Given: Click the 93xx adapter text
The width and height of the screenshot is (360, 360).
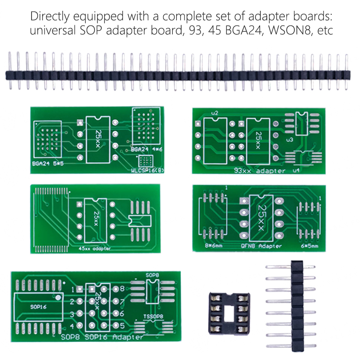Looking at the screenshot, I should pyautogui.click(x=260, y=171).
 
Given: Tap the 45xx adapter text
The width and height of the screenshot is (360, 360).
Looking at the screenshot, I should pyautogui.click(x=94, y=248).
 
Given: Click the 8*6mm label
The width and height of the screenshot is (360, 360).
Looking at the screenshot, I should pyautogui.click(x=213, y=246).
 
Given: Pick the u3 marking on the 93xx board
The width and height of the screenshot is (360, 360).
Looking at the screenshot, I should pyautogui.click(x=289, y=140).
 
